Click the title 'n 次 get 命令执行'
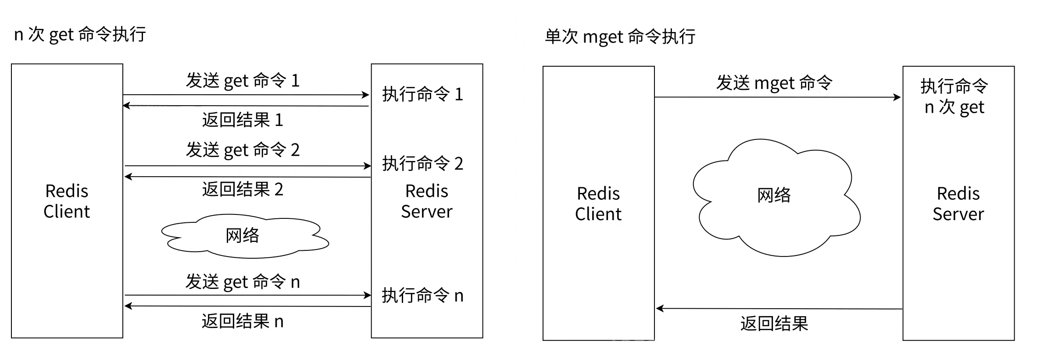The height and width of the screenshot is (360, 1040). pyautogui.click(x=80, y=34)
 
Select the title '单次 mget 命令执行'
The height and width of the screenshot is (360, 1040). pyautogui.click(x=619, y=36)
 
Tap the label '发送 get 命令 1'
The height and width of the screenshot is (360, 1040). pyautogui.click(x=243, y=81)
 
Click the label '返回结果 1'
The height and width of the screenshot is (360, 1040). pyautogui.click(x=243, y=120)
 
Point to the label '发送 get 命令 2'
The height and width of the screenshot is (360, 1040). pyautogui.click(x=243, y=150)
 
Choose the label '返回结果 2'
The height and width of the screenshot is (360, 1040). pyautogui.click(x=243, y=189)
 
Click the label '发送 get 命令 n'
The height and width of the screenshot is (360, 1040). pyautogui.click(x=243, y=282)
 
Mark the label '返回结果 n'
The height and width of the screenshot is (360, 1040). pyautogui.click(x=243, y=321)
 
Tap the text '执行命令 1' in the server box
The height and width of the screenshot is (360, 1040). pyautogui.click(x=422, y=94)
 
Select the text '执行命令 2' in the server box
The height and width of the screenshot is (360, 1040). pyautogui.click(x=422, y=164)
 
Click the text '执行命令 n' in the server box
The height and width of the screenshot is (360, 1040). pyautogui.click(x=422, y=296)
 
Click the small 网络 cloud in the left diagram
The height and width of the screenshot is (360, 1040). pyautogui.click(x=243, y=236)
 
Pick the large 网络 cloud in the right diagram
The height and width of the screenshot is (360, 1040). pyautogui.click(x=774, y=196)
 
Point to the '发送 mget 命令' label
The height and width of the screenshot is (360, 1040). pyautogui.click(x=774, y=83)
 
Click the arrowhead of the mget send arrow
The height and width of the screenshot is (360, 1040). pyautogui.click(x=897, y=97)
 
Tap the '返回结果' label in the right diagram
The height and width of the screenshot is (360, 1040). pyautogui.click(x=774, y=324)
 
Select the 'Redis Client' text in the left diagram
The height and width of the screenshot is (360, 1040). pyautogui.click(x=67, y=201)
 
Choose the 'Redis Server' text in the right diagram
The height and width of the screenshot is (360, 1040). pyautogui.click(x=958, y=204)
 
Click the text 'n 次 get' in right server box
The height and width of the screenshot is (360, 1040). pyautogui.click(x=954, y=107)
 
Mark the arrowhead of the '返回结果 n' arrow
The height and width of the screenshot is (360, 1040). pyautogui.click(x=128, y=306)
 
